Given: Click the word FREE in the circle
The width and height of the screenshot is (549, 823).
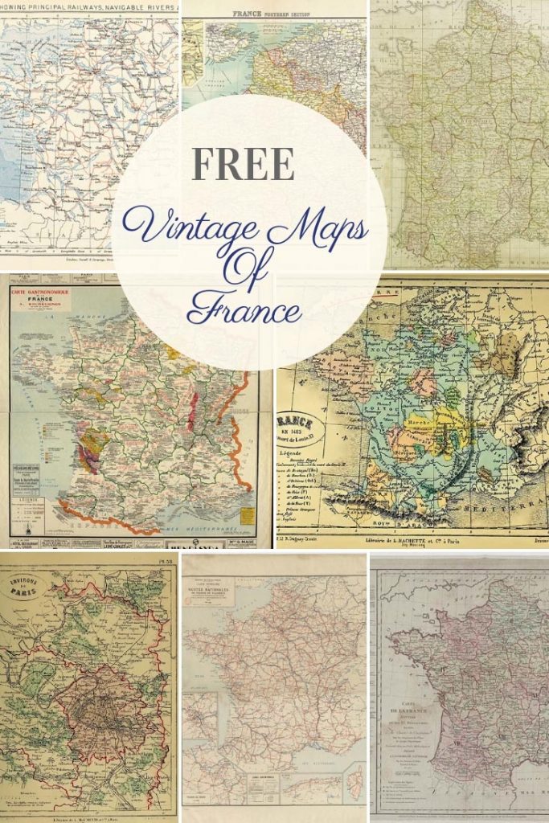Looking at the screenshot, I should [x=243, y=165].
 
